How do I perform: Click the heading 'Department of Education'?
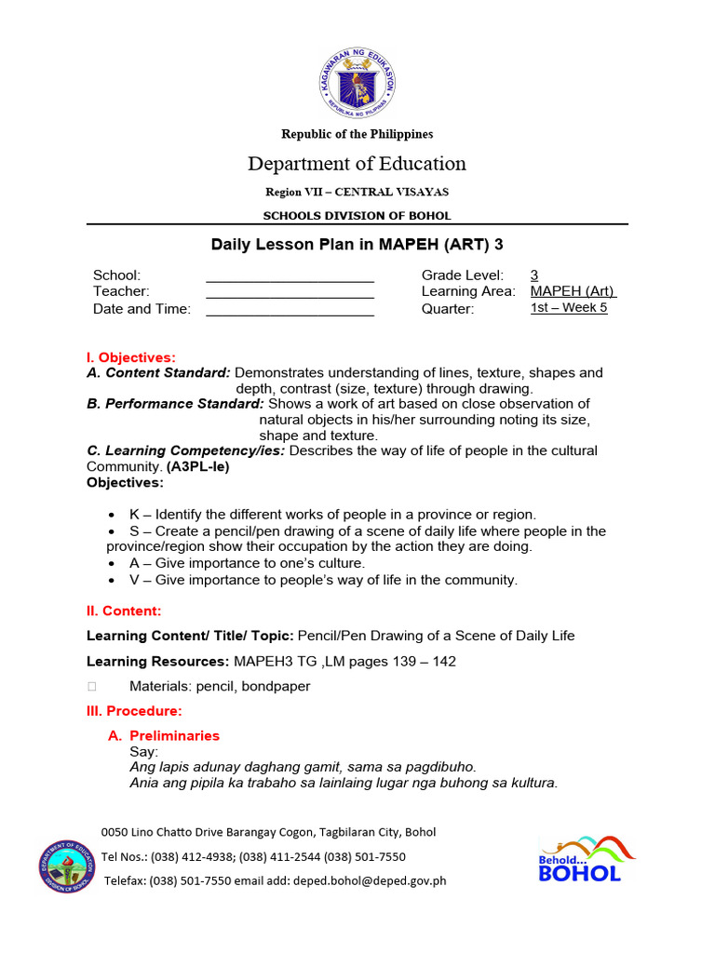(357, 164)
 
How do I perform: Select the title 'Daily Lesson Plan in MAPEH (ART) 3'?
(357, 245)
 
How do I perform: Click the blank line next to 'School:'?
(290, 276)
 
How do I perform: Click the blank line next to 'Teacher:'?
(290, 292)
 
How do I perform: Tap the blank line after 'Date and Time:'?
(290, 310)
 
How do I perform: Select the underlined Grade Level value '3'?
(534, 275)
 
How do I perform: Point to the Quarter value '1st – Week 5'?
(569, 308)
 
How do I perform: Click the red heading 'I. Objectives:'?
(130, 357)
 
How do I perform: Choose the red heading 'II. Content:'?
(124, 611)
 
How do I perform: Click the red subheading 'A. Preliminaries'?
(165, 735)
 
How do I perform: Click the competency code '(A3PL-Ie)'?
(197, 467)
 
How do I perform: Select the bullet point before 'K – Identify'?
(112, 515)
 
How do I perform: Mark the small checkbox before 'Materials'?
(91, 687)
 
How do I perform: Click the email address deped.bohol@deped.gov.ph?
(371, 880)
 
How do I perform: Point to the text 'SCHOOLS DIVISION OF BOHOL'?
(357, 216)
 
